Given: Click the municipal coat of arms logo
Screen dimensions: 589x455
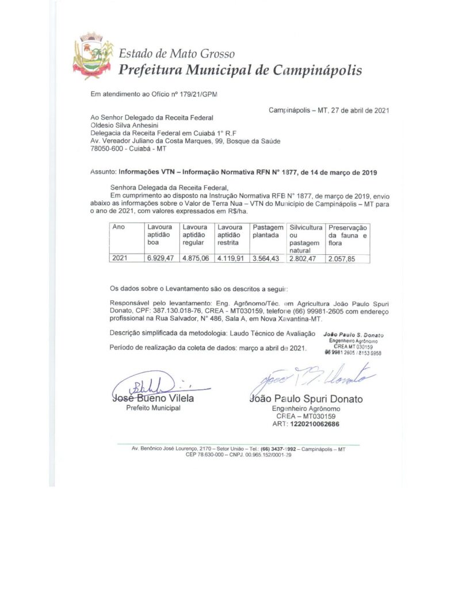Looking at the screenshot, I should tap(93, 56).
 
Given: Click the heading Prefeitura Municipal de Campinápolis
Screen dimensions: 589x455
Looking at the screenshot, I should tap(240, 71).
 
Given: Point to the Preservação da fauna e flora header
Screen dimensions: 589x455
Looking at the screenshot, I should tap(347, 236).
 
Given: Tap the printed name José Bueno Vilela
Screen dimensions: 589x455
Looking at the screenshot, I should tap(153, 398).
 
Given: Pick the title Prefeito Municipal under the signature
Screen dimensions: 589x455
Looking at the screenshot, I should tap(153, 408).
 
